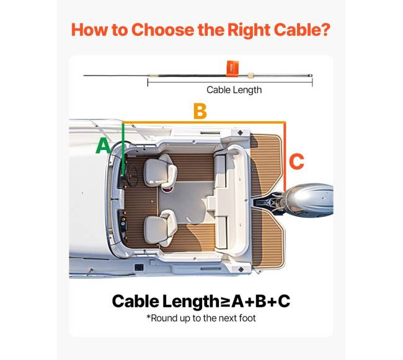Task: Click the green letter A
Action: point(103,146)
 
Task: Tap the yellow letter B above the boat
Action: point(200,111)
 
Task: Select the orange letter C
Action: point(296,161)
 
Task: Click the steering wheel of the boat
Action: point(132,175)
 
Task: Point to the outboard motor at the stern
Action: point(308,200)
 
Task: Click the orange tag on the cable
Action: point(232,68)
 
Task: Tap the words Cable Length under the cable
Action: point(234,90)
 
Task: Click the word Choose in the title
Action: point(163,30)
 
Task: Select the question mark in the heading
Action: point(325,30)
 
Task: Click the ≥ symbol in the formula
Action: point(224,302)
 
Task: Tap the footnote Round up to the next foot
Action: point(201,318)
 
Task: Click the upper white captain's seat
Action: point(160,171)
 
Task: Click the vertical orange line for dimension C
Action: point(285,157)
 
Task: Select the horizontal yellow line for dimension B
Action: point(204,122)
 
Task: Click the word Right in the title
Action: point(248,30)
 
